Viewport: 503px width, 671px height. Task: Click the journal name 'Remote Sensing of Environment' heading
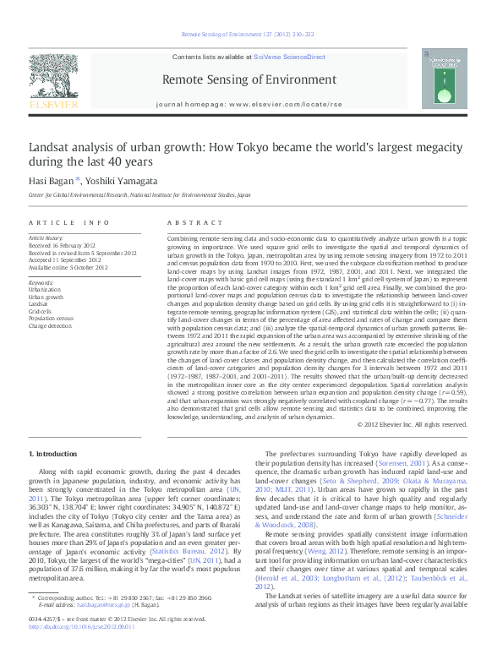[x=252, y=80]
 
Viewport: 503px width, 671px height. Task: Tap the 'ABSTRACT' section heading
[x=189, y=221]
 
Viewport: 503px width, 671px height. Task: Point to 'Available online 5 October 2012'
[x=68, y=267]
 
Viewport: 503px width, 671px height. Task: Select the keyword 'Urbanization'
[x=45, y=288]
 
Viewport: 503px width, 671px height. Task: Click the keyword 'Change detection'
[x=51, y=325]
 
